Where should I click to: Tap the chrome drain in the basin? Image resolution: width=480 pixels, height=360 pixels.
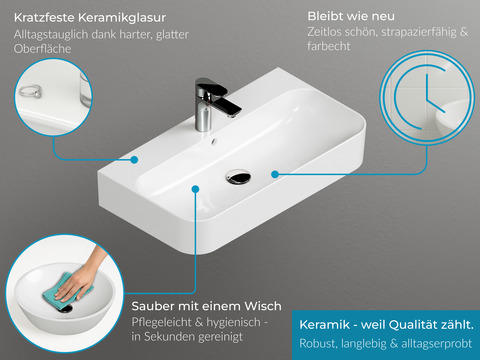[238, 176]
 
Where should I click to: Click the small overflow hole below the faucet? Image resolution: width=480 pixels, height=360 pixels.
[214, 141]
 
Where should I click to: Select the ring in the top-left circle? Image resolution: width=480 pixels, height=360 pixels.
[30, 91]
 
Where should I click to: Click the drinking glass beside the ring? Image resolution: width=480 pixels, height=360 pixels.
[85, 89]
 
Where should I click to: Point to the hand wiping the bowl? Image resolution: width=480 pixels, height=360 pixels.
[82, 273]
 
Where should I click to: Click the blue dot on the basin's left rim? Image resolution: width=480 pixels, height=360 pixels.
[134, 160]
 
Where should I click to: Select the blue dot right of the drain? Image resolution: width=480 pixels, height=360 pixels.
[275, 174]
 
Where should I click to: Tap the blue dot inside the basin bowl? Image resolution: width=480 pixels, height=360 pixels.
[196, 189]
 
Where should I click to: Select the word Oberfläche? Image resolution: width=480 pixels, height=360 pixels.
[43, 49]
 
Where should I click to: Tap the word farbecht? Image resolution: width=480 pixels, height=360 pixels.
[329, 46]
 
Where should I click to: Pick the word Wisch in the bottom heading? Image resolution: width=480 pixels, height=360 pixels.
[263, 306]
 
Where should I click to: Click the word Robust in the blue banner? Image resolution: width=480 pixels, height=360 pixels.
[318, 343]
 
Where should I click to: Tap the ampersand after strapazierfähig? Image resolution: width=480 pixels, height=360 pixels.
[464, 32]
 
